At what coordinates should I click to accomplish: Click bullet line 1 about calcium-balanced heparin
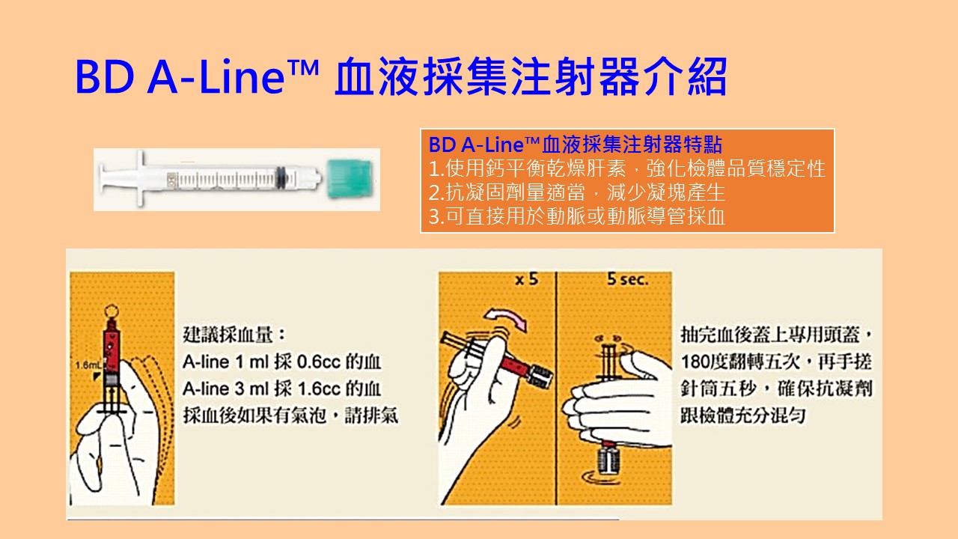(627, 168)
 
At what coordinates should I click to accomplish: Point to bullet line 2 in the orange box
(577, 192)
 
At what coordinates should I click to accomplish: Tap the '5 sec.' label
(627, 280)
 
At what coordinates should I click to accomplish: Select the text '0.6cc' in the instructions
(319, 362)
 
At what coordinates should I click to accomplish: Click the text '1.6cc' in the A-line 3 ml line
(319, 389)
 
